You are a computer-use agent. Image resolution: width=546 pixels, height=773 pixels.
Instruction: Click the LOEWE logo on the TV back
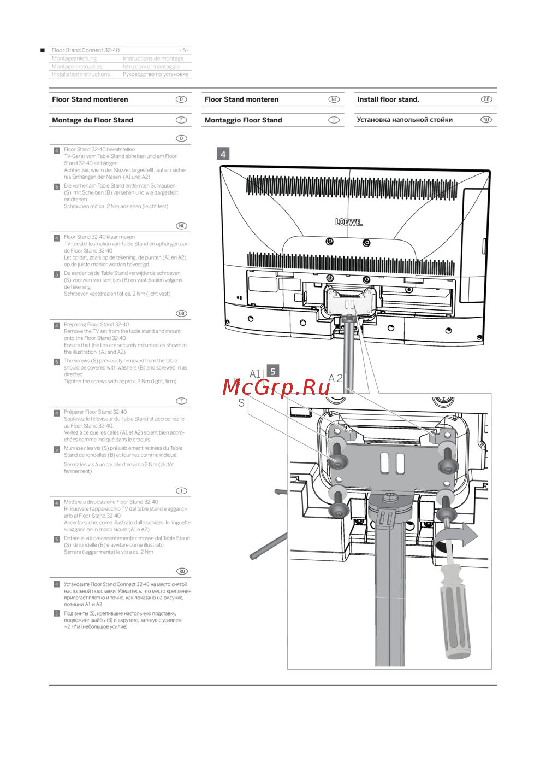pos(348,222)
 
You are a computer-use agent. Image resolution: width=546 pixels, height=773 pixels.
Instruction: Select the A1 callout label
pos(255,374)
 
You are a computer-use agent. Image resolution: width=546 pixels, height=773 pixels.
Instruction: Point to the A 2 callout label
pos(335,378)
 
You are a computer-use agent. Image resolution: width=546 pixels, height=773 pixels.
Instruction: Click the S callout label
pos(241,403)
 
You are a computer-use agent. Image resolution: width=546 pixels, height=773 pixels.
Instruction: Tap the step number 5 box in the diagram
pos(272,371)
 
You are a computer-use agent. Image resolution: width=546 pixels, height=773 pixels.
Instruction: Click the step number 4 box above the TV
pos(223,154)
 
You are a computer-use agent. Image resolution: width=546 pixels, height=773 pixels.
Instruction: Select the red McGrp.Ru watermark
pos(276,388)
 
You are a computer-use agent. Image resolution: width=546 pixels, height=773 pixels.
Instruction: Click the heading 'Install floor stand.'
pos(388,99)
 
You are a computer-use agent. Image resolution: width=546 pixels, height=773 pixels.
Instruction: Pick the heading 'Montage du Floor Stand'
pos(92,120)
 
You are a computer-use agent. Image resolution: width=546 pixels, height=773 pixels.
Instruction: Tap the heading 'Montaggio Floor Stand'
pos(243,120)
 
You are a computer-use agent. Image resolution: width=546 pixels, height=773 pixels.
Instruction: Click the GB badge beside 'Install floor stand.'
pos(486,99)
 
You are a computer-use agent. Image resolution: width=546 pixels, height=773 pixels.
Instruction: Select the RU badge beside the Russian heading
pos(486,120)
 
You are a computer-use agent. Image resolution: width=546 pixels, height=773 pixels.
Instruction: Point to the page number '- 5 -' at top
pos(183,50)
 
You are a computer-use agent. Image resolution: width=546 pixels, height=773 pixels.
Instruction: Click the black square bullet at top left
pos(43,50)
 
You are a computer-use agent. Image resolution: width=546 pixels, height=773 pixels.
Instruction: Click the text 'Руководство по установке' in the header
pos(156,74)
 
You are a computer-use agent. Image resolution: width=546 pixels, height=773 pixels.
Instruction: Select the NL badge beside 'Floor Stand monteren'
pos(334,99)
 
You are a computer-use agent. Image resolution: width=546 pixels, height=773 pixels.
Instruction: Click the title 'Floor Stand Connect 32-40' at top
pos(86,50)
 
